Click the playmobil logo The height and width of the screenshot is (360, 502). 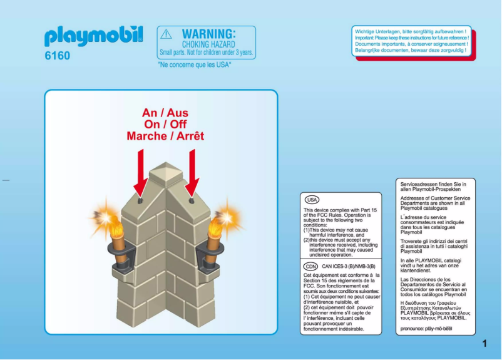(x=93, y=36)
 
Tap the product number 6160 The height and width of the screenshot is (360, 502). (x=58, y=56)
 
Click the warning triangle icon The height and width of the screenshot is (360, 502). (x=166, y=34)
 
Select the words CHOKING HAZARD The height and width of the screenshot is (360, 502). (x=208, y=44)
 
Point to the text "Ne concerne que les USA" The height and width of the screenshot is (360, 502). (x=195, y=64)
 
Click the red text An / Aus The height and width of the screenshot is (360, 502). (x=165, y=113)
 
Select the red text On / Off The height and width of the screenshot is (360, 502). (x=165, y=125)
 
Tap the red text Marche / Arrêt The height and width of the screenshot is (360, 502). (x=165, y=136)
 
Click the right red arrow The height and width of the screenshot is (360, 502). (x=192, y=172)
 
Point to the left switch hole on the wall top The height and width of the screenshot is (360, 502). (x=140, y=201)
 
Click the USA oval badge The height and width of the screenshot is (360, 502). (x=312, y=200)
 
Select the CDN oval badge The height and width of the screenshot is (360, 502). (x=311, y=266)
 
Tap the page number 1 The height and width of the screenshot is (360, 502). (x=484, y=343)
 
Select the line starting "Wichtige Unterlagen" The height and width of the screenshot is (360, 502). (x=410, y=31)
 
